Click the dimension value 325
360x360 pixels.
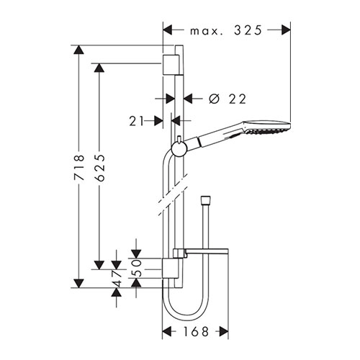point(248,30)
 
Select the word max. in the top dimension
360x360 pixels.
point(207,32)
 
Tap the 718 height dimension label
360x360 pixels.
point(79,168)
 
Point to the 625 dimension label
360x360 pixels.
point(99,168)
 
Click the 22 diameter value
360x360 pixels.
point(238,99)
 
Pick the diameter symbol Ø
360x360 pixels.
point(214,99)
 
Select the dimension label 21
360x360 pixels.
point(136,121)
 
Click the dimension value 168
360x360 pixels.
point(196,332)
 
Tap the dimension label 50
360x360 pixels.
point(137,268)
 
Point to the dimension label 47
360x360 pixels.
point(117,279)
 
